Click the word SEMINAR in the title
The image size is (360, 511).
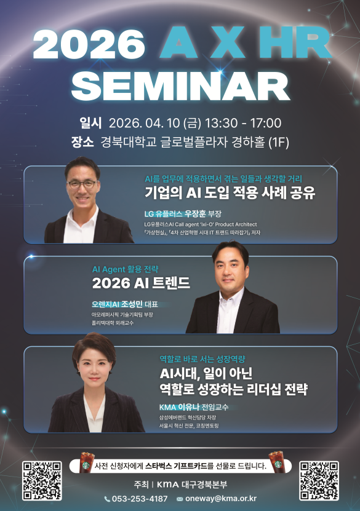coord(180,85)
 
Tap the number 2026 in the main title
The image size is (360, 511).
coord(89,44)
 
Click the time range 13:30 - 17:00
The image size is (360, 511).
coord(243,123)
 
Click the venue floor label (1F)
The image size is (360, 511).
coord(279,143)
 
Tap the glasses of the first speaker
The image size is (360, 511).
coord(82,184)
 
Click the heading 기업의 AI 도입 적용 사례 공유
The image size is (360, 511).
coord(230,192)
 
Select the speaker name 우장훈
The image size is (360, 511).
coord(195,214)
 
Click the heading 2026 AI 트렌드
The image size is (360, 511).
coord(141,283)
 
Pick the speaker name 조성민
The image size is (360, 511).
coord(132,304)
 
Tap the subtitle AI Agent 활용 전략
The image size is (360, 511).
coord(125,269)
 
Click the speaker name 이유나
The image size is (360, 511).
coord(188,407)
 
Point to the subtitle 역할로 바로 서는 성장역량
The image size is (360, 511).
coord(202,359)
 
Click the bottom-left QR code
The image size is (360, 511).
coord(42,481)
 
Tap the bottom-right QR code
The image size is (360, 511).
coord(319,481)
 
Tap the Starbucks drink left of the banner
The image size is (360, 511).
coord(87,462)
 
